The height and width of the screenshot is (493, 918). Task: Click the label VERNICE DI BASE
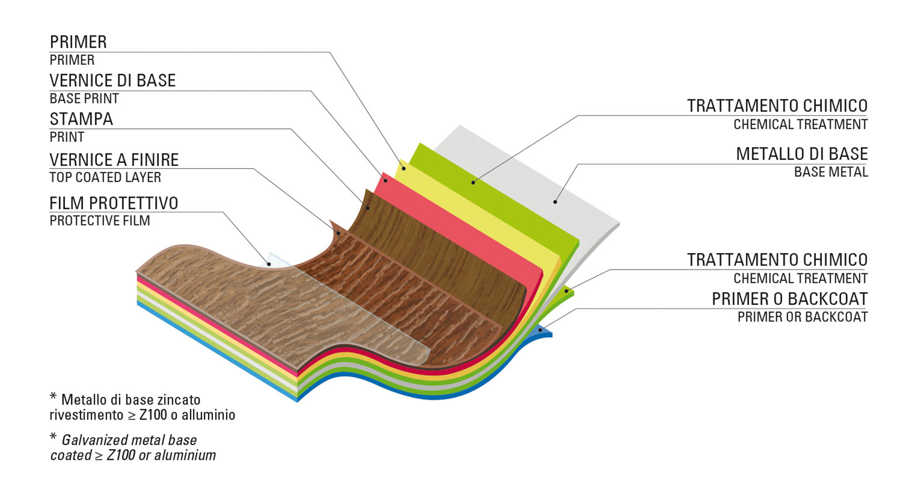[x=112, y=81]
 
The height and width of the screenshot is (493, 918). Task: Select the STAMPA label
[x=81, y=119]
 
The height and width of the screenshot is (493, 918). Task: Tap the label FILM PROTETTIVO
[x=114, y=203]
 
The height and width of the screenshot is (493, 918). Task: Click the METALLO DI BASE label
[x=801, y=154]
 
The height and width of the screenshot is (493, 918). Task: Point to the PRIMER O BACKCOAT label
[x=789, y=299]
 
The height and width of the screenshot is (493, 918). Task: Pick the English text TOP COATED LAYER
[x=105, y=177]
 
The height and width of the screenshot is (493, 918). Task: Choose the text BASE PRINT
[x=84, y=99]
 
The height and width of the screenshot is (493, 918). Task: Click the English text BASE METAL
[x=831, y=172]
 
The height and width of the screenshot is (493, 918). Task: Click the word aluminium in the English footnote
[x=185, y=455]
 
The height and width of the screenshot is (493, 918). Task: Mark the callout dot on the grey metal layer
[x=555, y=202]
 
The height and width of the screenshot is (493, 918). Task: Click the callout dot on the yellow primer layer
[x=404, y=168]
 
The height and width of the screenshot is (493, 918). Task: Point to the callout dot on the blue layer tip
[x=540, y=330]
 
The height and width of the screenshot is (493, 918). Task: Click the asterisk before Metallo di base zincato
[x=54, y=398]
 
